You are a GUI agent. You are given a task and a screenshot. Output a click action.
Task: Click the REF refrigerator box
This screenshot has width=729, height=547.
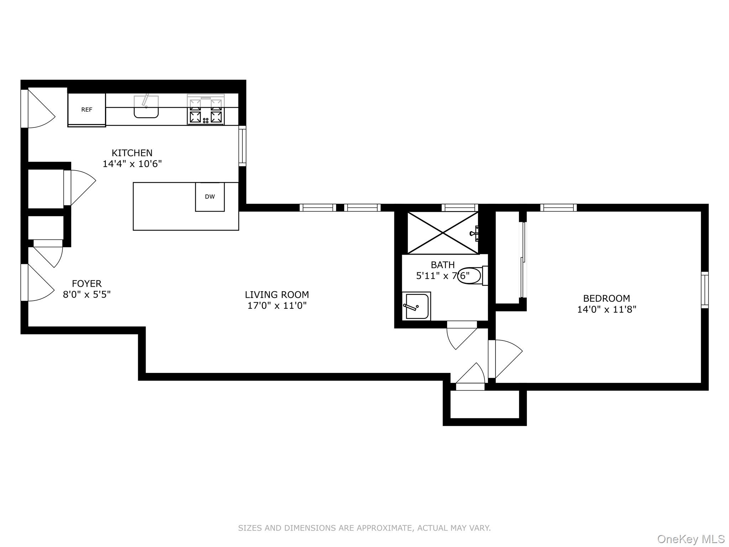pyautogui.click(x=86, y=109)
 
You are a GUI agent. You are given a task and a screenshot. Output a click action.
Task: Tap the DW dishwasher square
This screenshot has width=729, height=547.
pyautogui.click(x=210, y=197)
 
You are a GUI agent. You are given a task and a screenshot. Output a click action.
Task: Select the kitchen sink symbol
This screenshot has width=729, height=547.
pyautogui.click(x=146, y=107)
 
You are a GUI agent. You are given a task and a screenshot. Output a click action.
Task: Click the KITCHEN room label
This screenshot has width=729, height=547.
pyautogui.click(x=132, y=153)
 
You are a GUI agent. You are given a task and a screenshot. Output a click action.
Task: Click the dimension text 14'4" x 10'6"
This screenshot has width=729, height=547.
pyautogui.click(x=132, y=164)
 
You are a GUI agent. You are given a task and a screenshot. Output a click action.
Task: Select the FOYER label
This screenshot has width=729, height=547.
pyautogui.click(x=86, y=283)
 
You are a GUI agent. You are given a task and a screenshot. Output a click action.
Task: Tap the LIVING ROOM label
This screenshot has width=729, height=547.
pyautogui.click(x=277, y=295)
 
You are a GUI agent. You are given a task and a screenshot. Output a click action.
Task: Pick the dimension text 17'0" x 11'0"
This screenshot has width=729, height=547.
pyautogui.click(x=277, y=306)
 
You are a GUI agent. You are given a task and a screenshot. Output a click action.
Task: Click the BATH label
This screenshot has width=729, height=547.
pyautogui.click(x=442, y=265)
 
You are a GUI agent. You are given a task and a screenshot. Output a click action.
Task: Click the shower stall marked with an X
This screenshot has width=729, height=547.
pyautogui.click(x=442, y=233)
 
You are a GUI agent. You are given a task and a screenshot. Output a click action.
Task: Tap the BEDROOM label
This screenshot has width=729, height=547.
pyautogui.click(x=606, y=298)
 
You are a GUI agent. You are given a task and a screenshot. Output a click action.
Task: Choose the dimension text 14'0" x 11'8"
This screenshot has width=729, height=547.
pyautogui.click(x=606, y=309)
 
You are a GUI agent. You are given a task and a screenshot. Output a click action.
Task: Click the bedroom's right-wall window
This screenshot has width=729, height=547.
pyautogui.click(x=704, y=290)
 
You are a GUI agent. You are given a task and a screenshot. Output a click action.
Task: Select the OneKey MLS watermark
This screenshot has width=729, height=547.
pyautogui.click(x=691, y=539)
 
